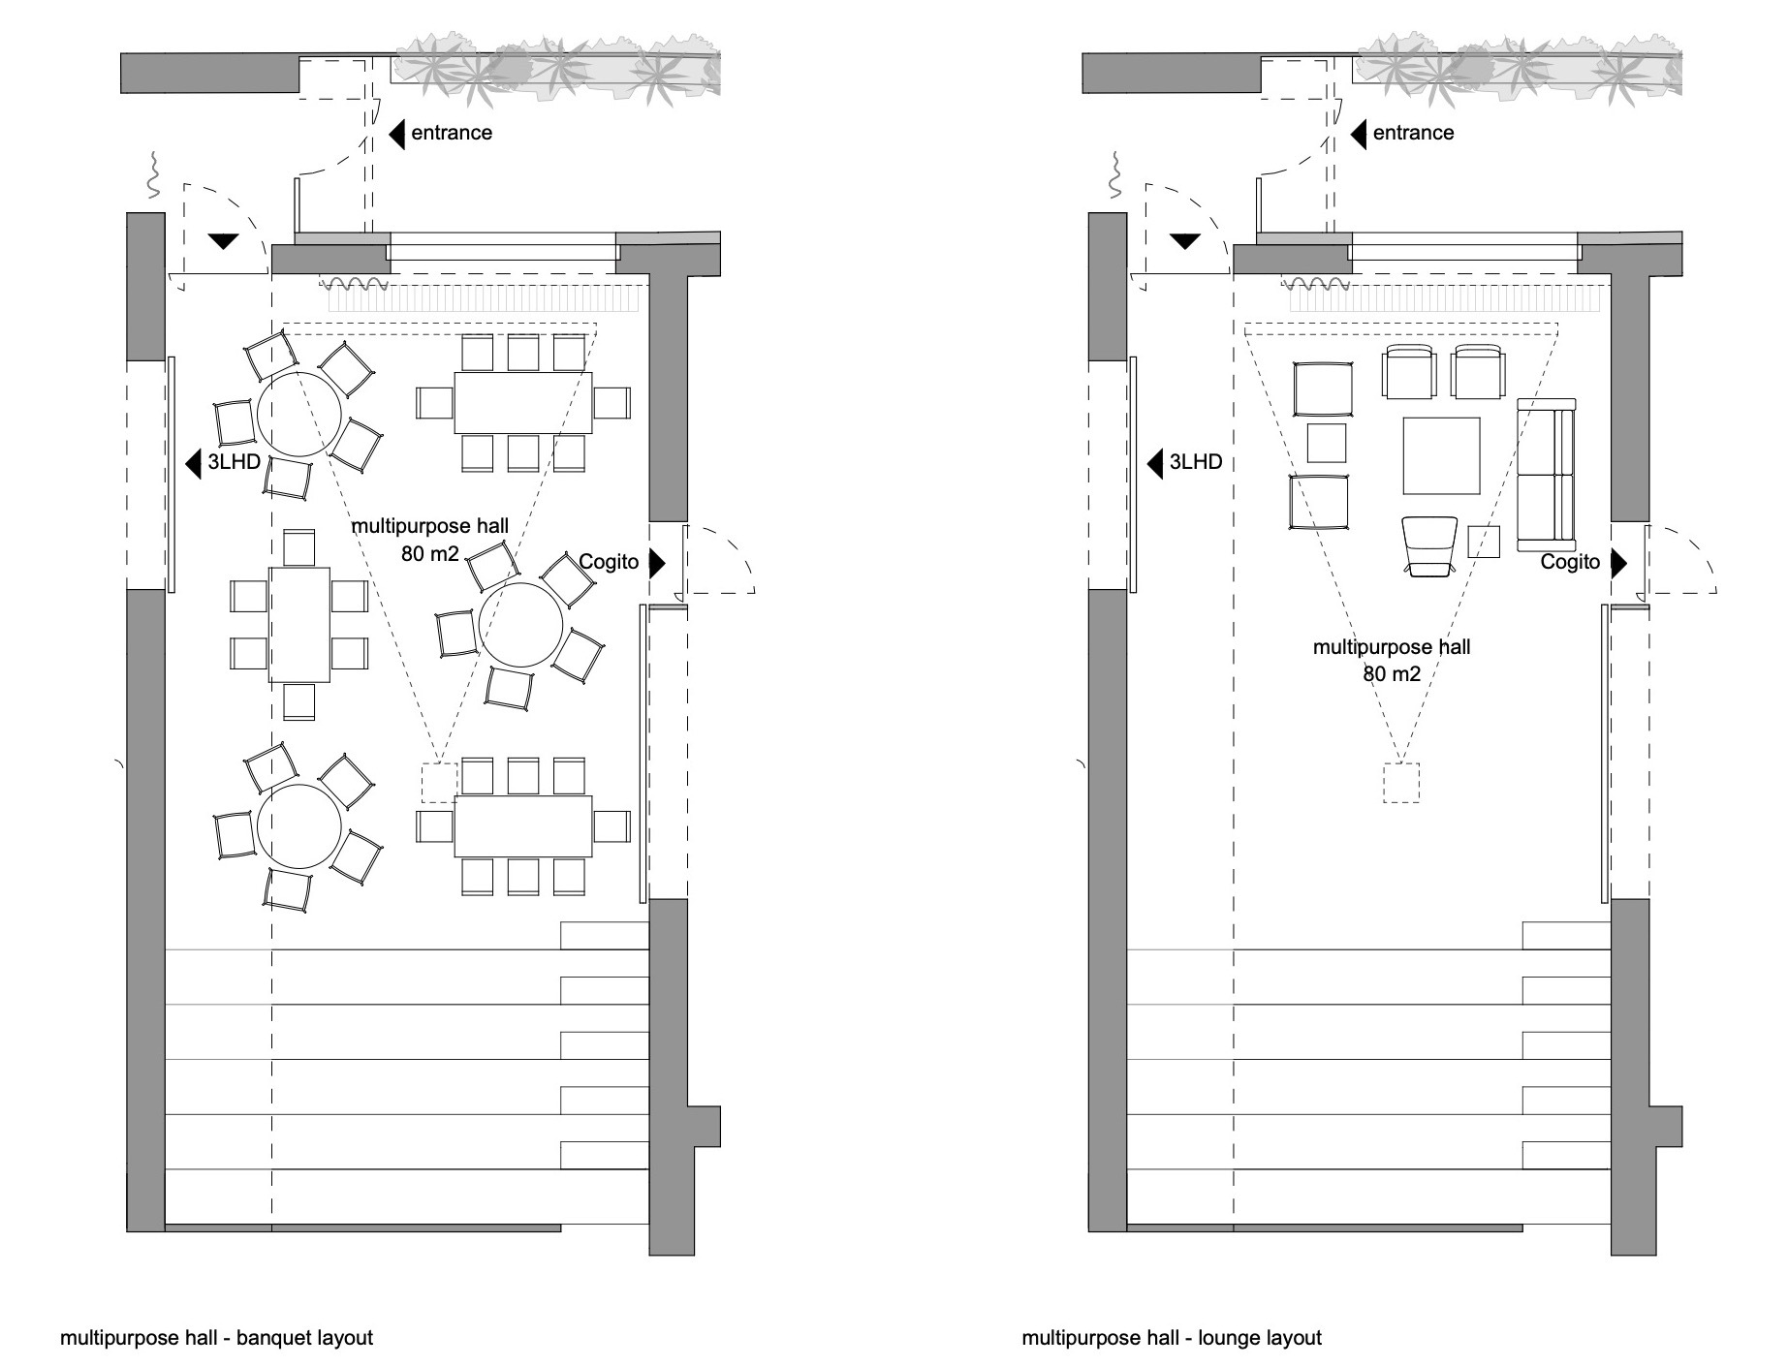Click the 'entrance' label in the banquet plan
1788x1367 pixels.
click(451, 133)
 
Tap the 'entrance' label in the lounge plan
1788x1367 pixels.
click(1413, 133)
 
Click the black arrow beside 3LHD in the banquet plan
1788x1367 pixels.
click(193, 463)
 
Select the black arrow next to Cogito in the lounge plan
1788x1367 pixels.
click(1617, 562)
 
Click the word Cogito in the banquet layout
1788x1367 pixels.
click(609, 562)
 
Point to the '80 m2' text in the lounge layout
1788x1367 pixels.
click(1392, 674)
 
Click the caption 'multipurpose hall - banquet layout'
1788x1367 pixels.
click(216, 1338)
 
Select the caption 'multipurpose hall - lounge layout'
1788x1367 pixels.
click(1172, 1338)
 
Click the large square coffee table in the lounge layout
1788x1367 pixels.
click(1441, 455)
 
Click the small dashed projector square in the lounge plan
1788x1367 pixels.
click(1400, 783)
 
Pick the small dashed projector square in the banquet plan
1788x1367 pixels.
click(438, 783)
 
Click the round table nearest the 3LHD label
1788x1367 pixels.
click(298, 415)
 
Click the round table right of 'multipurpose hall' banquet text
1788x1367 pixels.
click(521, 625)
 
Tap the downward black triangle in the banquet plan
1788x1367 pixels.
click(223, 241)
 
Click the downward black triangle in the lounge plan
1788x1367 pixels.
click(1184, 241)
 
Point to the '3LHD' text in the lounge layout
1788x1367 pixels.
click(1196, 462)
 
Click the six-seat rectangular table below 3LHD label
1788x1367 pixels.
click(299, 625)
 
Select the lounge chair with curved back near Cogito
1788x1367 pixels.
click(1429, 545)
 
